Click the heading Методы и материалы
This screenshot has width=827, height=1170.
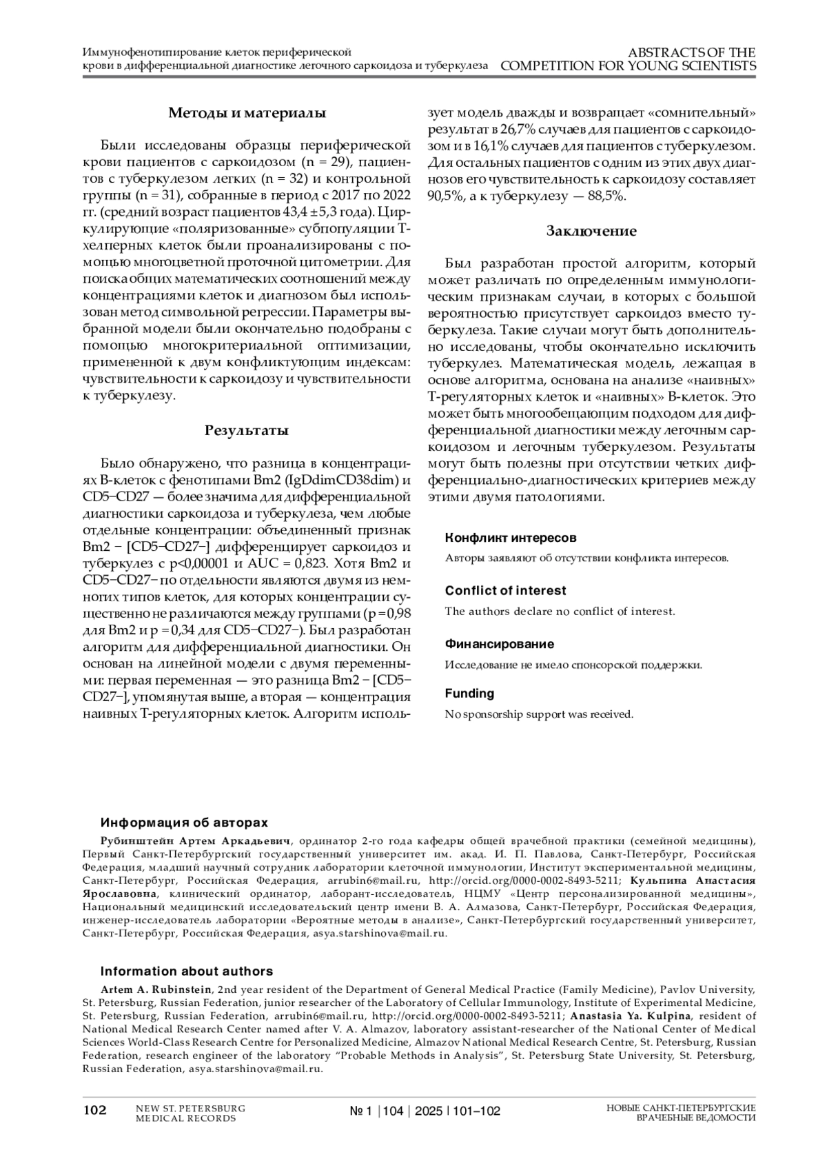pos(247,113)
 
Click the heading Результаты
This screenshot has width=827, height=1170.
pos(247,431)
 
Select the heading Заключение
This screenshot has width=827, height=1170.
pos(591,231)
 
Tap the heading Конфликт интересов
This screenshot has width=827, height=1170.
pos(511,538)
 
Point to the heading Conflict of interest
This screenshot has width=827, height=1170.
pos(505,591)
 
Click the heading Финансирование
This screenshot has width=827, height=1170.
pos(500,644)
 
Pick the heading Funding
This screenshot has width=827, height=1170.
pos(469,694)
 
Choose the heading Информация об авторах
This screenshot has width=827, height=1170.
pos(184,823)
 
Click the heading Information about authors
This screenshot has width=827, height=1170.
pos(187,971)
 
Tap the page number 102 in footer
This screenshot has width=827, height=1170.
pos(95,1111)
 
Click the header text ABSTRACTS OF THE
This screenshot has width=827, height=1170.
pos(691,52)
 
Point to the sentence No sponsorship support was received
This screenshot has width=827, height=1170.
pos(539,714)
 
